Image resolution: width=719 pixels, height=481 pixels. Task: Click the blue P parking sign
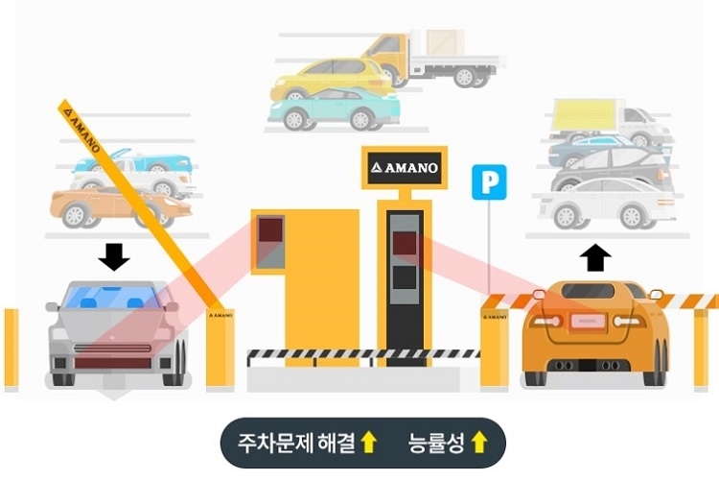(x=489, y=182)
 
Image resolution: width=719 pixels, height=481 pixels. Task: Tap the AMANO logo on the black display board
(x=405, y=168)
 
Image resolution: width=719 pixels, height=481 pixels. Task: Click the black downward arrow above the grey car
(x=114, y=257)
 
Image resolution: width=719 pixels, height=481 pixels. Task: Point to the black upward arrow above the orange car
(x=595, y=258)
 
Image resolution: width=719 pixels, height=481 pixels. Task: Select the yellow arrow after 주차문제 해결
(x=368, y=443)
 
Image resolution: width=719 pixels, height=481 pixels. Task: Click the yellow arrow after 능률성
(x=479, y=443)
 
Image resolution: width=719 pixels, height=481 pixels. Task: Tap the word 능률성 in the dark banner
(x=435, y=443)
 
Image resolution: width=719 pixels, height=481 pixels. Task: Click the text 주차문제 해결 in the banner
(x=296, y=443)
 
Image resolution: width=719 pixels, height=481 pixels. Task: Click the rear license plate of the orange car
(x=588, y=321)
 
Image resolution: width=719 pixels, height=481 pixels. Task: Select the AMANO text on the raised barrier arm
(x=82, y=131)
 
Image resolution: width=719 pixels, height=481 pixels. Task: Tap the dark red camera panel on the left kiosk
(x=270, y=229)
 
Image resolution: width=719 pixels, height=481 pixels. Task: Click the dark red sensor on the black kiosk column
(x=405, y=243)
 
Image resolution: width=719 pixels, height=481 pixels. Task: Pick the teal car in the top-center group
(x=335, y=108)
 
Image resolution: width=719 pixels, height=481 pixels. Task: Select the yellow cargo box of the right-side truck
(x=584, y=115)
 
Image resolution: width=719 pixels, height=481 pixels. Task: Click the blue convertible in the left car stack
(x=132, y=160)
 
